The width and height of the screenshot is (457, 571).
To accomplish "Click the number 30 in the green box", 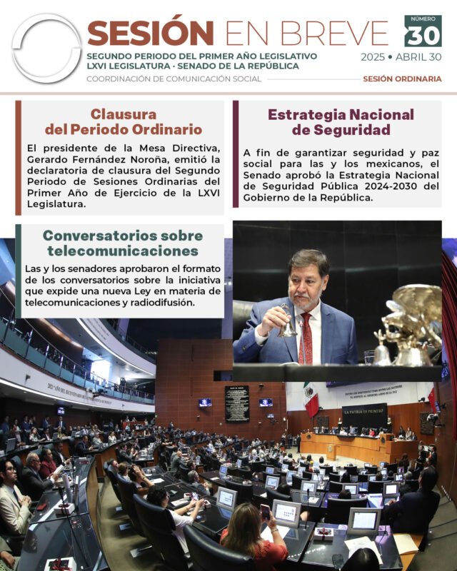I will [423, 35].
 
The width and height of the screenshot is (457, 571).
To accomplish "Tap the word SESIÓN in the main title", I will [150, 32].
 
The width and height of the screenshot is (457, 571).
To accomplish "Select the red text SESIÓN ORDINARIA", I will [402, 79].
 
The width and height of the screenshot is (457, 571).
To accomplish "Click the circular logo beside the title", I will [46, 48].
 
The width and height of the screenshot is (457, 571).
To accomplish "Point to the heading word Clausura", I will [124, 114].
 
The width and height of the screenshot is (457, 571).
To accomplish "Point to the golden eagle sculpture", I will [413, 321].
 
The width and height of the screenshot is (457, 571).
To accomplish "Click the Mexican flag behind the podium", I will [311, 399].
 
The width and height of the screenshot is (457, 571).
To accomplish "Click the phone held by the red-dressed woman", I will [265, 511].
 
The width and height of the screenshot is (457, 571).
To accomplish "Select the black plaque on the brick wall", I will [237, 404].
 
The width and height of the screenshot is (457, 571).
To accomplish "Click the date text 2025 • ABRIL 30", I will [401, 58].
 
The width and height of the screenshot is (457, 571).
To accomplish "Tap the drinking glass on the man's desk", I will [369, 358].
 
